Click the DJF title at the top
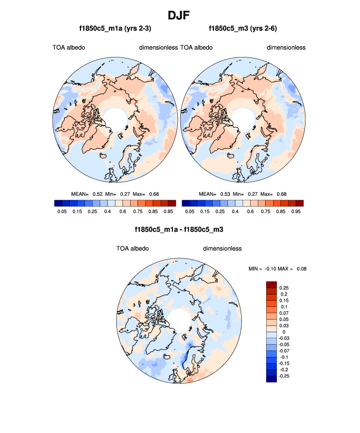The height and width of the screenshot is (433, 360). pos(180,15)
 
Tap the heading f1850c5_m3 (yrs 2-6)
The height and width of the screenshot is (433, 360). pos(243,29)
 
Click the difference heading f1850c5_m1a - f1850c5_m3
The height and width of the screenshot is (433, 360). pos(179,230)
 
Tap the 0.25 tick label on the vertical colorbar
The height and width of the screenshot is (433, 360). pos(283,288)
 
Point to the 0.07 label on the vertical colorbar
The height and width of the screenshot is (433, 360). pos(283,313)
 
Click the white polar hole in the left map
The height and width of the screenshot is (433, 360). pos(116,119)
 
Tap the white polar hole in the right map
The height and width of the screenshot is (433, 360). pos(243,119)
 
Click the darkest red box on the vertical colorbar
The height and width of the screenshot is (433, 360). pos(271,285)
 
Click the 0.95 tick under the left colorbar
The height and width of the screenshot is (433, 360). pos(168,212)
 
